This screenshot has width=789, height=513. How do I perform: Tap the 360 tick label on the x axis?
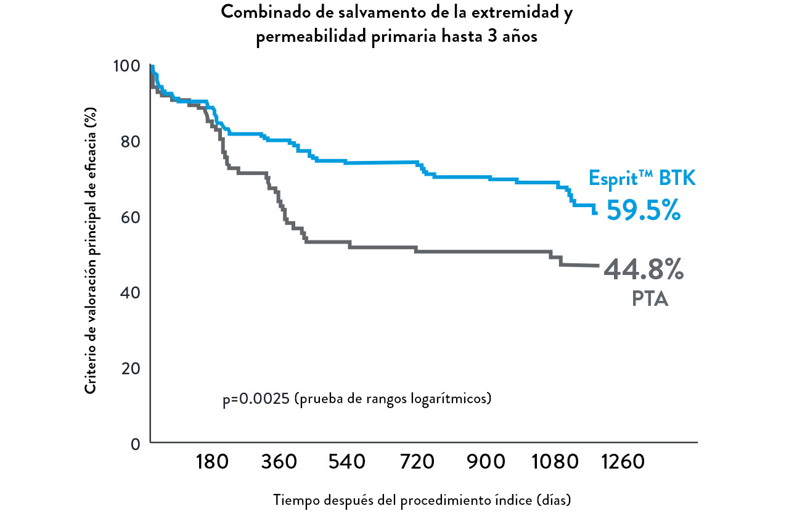(x=279, y=462)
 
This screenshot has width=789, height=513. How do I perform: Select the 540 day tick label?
(x=347, y=462)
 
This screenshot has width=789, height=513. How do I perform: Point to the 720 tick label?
(x=417, y=462)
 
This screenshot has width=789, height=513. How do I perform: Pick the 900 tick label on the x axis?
(x=486, y=462)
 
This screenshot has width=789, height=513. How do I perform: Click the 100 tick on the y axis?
(x=127, y=66)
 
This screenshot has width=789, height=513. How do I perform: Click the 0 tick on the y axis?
(x=136, y=443)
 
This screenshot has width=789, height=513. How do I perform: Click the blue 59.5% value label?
(x=644, y=210)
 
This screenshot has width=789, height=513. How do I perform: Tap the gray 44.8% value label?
(x=644, y=269)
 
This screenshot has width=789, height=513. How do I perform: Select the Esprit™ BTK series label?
(x=642, y=179)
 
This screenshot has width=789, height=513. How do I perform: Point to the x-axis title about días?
(x=422, y=499)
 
